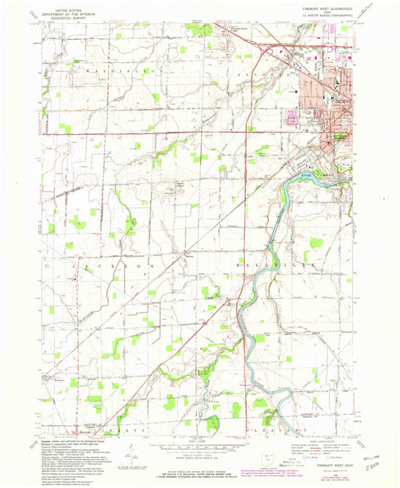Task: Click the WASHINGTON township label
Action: point(120,71)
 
